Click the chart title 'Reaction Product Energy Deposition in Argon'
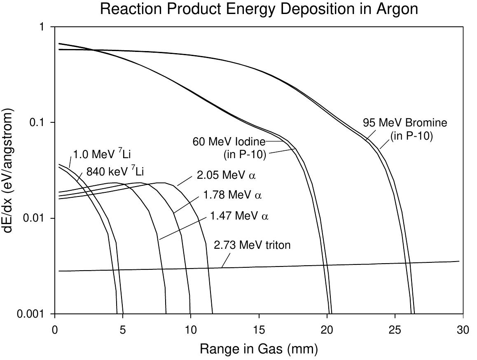pos(259,9)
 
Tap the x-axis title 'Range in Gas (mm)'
pos(259,349)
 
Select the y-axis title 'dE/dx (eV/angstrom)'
pos(9,170)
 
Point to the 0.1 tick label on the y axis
pos(38,122)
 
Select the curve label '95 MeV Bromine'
pos(405,123)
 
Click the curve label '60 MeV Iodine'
pos(229,142)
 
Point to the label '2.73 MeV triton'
pos(252,245)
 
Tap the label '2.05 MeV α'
pos(226,175)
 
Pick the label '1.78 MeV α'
pos(232,194)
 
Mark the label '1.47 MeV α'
pos(239,215)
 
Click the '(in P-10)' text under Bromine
pos(412,136)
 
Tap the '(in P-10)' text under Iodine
pos(245,155)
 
